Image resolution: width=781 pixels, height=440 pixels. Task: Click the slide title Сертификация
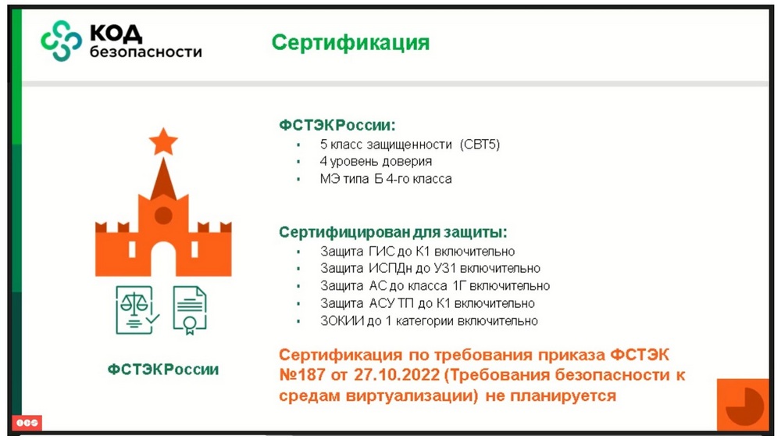tap(350, 43)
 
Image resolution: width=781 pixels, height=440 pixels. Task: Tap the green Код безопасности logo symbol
tap(61, 41)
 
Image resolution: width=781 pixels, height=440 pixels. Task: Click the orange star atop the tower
tap(163, 141)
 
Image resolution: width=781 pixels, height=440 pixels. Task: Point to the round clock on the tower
tap(163, 216)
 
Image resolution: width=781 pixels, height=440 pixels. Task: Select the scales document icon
tap(137, 309)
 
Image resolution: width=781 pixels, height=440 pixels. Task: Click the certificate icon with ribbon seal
tap(189, 310)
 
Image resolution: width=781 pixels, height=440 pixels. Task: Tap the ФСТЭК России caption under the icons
tap(163, 369)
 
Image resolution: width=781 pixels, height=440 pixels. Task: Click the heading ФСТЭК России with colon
tap(337, 124)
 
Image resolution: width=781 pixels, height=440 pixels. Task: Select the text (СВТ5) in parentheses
tap(480, 145)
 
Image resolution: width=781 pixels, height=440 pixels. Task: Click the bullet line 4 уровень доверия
tap(376, 162)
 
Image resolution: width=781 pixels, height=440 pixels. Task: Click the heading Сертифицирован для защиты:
tap(393, 232)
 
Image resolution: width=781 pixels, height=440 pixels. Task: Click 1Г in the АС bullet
tap(458, 286)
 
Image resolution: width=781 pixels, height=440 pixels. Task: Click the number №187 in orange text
tap(301, 374)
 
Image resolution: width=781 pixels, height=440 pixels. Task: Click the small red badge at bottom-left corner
tap(27, 423)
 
